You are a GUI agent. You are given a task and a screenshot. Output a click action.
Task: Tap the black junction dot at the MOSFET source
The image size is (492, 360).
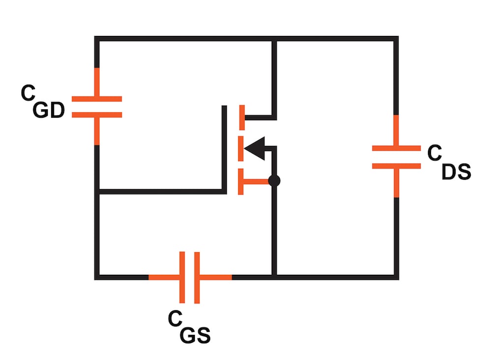pos(275,181)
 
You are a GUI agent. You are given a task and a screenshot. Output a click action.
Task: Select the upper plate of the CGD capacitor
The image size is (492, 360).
pos(97,99)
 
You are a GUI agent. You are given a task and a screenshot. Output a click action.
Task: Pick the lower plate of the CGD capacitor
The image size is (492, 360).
pos(97,115)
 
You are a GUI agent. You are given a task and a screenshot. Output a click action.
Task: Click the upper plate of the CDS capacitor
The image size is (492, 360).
pos(397,148)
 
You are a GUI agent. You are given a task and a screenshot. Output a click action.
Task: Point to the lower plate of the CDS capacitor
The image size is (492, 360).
pos(397,166)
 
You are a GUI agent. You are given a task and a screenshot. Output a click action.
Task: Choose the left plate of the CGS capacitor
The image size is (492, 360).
pos(182,277)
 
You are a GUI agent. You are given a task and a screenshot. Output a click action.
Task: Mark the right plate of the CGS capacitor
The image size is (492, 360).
pos(197,277)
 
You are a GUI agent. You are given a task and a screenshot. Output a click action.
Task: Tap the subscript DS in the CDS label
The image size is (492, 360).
pos(456,172)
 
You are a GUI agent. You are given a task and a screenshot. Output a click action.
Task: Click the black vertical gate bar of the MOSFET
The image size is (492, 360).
pos(224,148)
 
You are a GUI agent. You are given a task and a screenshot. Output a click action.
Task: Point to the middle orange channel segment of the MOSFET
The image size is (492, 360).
pos(241,148)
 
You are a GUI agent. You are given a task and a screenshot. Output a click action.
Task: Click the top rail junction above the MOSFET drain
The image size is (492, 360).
pos(275,39)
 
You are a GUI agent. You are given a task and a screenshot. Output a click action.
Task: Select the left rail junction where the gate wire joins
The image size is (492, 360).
pos(97,191)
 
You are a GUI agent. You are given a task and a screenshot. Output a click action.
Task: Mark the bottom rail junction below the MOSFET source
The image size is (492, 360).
pos(275,277)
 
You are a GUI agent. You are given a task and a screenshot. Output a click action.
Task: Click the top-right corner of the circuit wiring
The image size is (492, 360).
pos(396,39)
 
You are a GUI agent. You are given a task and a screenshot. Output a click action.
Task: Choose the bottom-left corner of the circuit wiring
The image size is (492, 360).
pos(97,277)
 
